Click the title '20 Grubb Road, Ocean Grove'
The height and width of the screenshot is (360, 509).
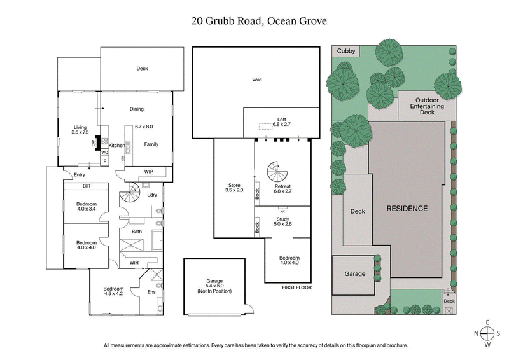click(254, 20)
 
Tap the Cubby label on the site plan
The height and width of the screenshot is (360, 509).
click(345, 51)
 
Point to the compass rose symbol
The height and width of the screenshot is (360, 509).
click(487, 334)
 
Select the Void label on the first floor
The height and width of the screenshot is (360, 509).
click(256, 80)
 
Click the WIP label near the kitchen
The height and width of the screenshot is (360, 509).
click(148, 171)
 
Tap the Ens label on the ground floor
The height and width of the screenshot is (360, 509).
click(151, 292)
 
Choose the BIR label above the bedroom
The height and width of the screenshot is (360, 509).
click(86, 186)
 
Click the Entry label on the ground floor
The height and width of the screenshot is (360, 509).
click(80, 175)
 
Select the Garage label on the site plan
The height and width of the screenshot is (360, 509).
click(355, 274)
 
